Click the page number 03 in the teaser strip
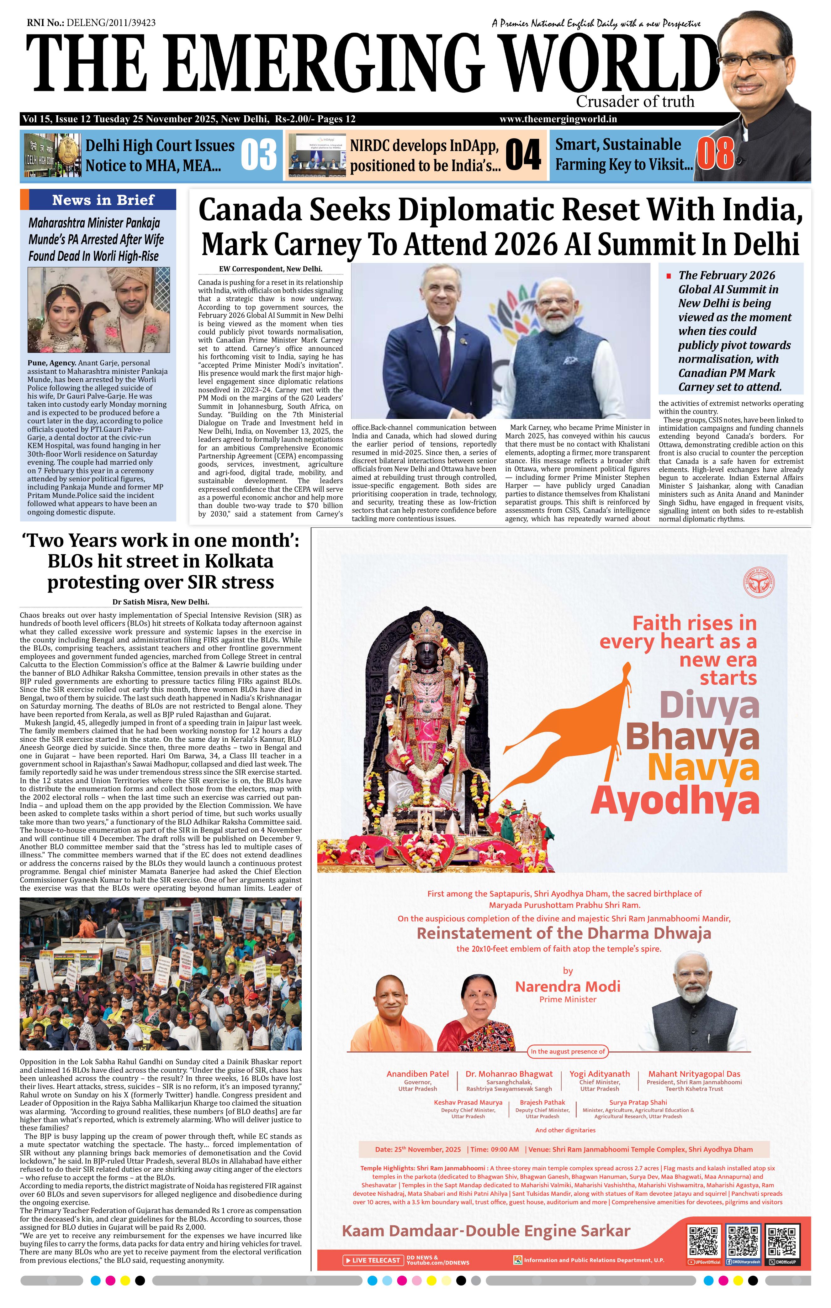tap(258, 155)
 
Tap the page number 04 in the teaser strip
tap(523, 155)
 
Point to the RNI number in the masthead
tap(91, 23)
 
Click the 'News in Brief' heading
tap(103, 200)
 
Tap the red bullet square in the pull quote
tap(669, 276)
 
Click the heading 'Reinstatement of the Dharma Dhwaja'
tap(564, 933)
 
